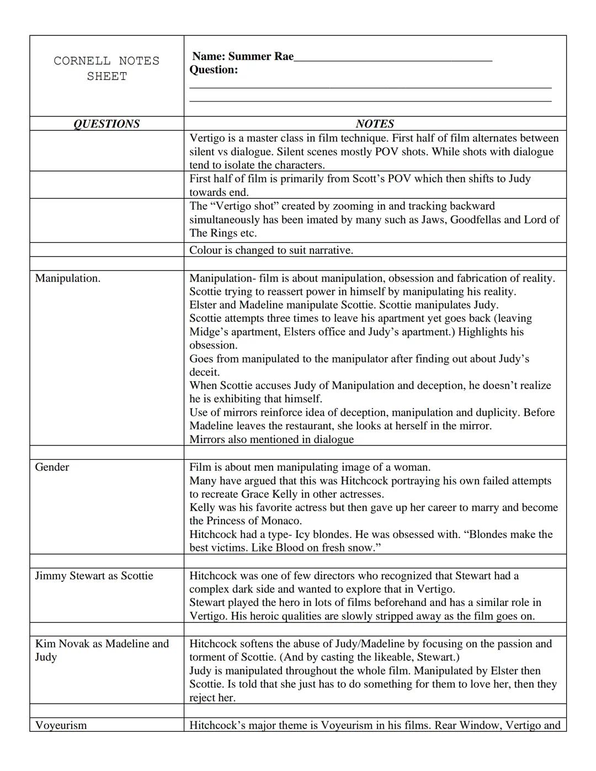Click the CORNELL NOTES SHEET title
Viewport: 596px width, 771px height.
coord(107,68)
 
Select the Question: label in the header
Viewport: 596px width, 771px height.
coord(214,70)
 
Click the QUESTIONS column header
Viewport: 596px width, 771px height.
coord(107,124)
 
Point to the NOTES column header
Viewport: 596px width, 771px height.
coord(375,124)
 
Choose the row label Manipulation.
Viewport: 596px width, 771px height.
coord(67,278)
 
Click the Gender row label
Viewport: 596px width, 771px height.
coord(52,467)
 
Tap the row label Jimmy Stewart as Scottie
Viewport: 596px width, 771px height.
coord(94,576)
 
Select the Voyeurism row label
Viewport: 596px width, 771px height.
coord(61,725)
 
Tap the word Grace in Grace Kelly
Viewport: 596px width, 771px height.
coord(255,494)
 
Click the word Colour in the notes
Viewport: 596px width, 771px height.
coord(205,250)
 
